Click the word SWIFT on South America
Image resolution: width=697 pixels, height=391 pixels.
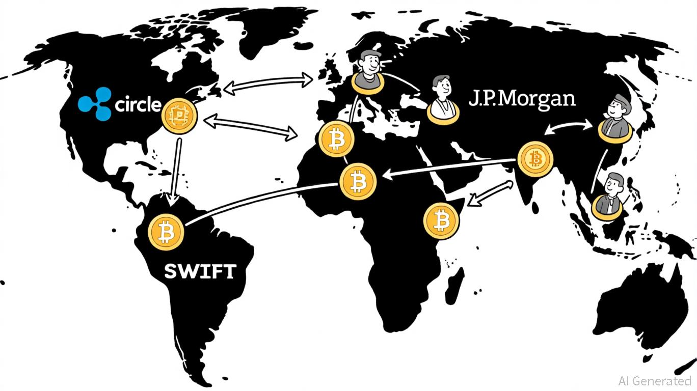[x=200, y=271]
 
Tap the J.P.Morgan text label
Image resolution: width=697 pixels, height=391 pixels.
[x=522, y=99]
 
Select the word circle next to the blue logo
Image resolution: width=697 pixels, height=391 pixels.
[x=138, y=104]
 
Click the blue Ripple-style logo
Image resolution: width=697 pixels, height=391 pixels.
[x=95, y=104]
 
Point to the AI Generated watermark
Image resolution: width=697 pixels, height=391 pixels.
[x=655, y=381]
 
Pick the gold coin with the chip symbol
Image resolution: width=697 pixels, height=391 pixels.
[x=179, y=116]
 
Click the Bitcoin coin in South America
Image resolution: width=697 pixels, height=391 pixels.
[x=166, y=232]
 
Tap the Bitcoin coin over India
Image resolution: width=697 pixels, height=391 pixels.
[x=535, y=159]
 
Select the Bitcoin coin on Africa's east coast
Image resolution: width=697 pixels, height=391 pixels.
[x=441, y=221]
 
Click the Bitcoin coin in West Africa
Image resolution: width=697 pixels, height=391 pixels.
[x=358, y=182]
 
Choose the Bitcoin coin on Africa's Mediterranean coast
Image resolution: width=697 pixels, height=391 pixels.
[x=336, y=139]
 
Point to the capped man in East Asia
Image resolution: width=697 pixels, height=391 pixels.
[x=615, y=118]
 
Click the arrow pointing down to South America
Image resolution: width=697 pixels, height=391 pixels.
[x=175, y=172]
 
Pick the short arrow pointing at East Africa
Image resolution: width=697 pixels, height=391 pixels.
[x=490, y=193]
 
